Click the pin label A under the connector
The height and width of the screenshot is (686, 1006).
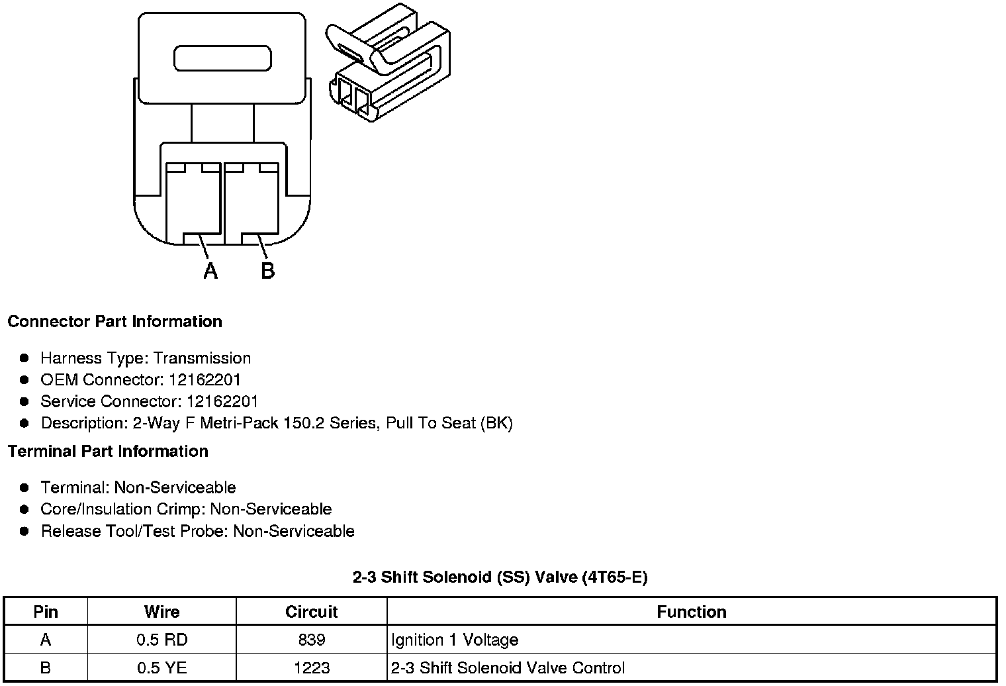coord(210,271)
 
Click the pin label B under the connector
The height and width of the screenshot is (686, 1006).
coord(267,271)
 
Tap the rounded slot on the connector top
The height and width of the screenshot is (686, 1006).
coord(222,58)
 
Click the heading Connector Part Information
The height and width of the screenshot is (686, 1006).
coord(114,322)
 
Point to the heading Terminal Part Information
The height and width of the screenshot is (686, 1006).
coord(108,452)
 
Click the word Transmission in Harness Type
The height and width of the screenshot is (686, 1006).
coord(202,358)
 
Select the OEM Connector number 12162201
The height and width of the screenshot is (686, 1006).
coord(205,380)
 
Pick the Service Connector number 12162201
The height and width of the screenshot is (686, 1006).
coord(222,402)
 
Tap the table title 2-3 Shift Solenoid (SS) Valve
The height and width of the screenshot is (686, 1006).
coord(500,577)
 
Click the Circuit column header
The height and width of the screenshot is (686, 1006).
coord(311,612)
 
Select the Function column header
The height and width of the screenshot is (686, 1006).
coord(691,612)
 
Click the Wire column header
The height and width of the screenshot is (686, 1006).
coord(161,612)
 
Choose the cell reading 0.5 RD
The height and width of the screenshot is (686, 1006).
coord(161,640)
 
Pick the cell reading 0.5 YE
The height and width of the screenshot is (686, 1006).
coord(161,668)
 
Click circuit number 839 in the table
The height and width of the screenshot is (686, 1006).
coord(311,640)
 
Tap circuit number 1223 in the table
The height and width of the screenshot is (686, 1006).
coord(311,668)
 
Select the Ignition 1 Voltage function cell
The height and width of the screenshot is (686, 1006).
coord(455,640)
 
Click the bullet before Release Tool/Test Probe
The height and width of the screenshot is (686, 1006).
coord(24,531)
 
